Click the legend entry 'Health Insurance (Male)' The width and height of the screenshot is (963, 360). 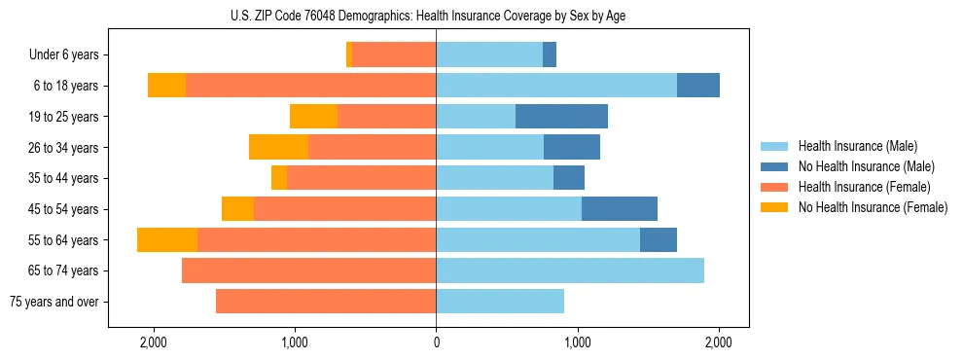click(858, 146)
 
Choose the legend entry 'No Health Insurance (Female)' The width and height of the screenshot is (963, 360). click(873, 207)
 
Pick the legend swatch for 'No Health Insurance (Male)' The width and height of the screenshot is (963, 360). click(775, 166)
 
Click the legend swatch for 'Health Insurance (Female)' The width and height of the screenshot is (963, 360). click(775, 187)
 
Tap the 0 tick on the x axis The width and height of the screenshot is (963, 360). click(436, 342)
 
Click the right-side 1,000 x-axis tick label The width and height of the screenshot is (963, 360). click(578, 342)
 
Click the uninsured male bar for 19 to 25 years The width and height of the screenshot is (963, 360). click(561, 117)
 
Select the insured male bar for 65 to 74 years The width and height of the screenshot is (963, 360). click(570, 270)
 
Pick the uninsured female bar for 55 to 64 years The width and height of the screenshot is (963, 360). click(167, 240)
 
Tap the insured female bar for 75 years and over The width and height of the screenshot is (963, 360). click(326, 302)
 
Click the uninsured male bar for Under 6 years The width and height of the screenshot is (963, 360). click(550, 55)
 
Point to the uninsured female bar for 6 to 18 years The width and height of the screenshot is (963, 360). click(166, 86)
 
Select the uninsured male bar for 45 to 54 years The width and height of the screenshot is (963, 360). click(620, 209)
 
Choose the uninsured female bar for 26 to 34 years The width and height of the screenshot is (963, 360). click(278, 147)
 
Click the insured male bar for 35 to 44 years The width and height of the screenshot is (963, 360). click(494, 178)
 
